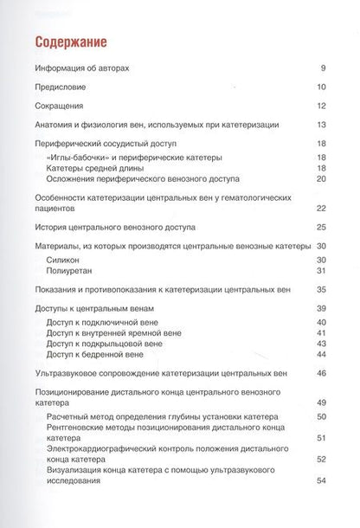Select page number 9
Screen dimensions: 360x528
[x=320, y=68]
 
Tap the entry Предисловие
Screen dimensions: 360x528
[x=67, y=87]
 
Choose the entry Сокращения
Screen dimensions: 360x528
[x=66, y=106]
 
